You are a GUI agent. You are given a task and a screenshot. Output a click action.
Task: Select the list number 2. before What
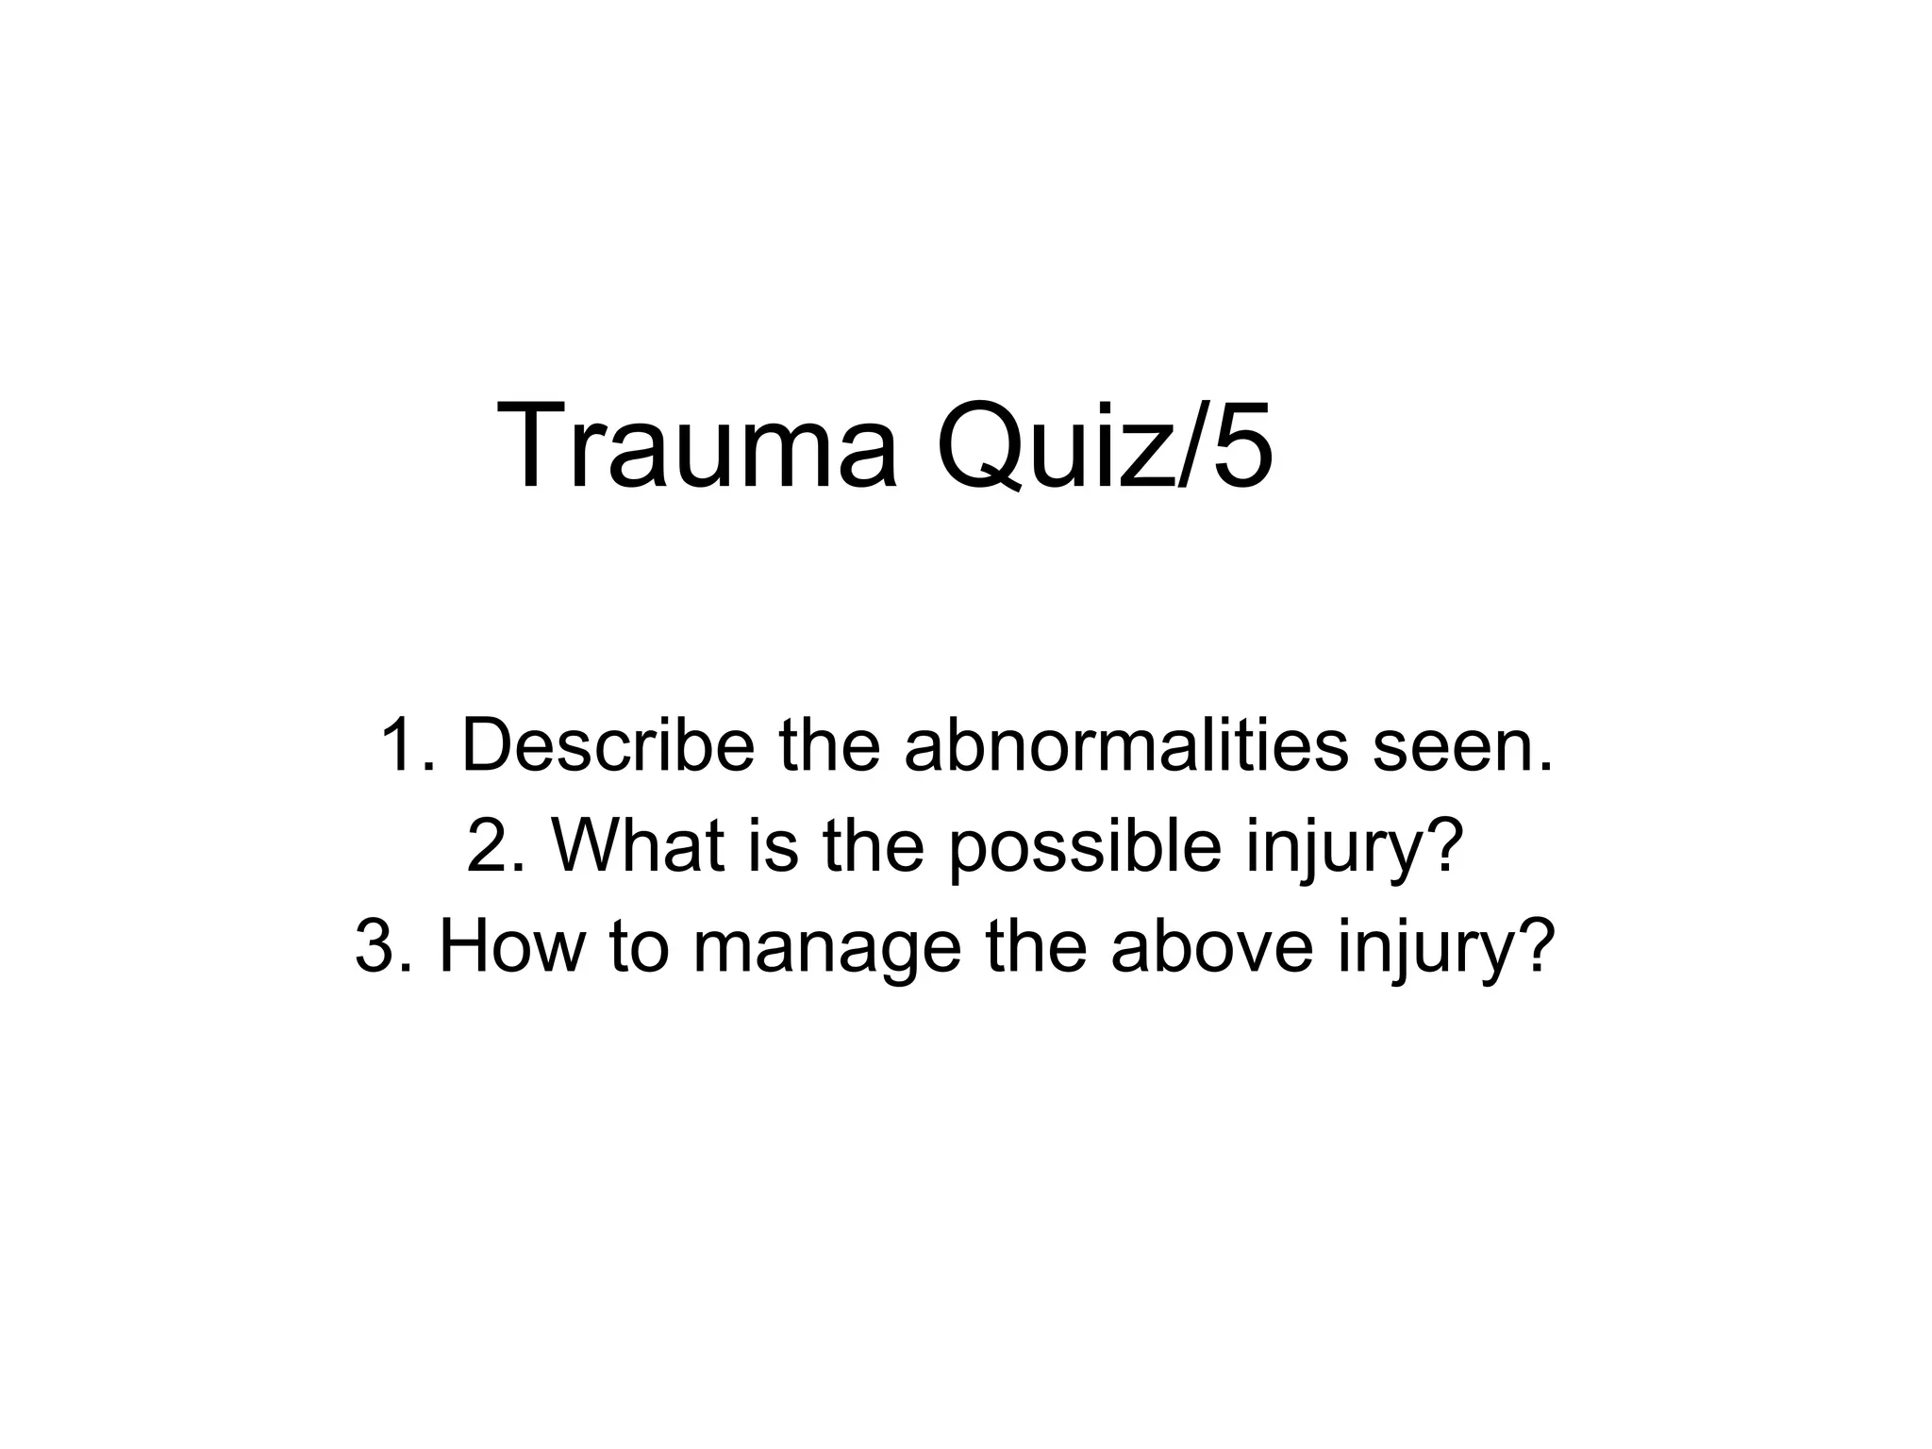pyautogui.click(x=496, y=845)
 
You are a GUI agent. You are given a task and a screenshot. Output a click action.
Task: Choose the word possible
pyautogui.click(x=1083, y=845)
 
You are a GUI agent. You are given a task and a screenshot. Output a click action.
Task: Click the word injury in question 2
pyautogui.click(x=1343, y=845)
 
